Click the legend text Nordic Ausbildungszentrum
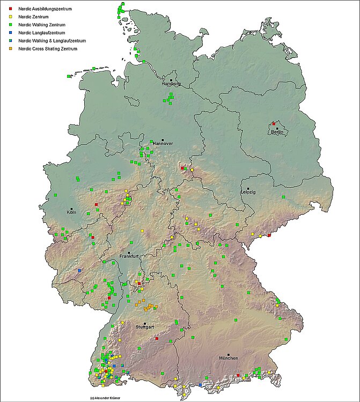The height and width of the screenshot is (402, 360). [x=45, y=10]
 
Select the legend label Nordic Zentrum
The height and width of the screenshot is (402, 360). [x=33, y=17]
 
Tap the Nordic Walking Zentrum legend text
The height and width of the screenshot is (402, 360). [x=42, y=25]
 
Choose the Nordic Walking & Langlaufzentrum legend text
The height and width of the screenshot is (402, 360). [x=52, y=41]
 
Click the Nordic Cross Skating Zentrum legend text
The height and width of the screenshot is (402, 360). [x=48, y=49]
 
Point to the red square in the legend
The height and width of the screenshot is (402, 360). [x=11, y=10]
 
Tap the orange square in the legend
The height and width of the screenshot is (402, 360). [x=11, y=49]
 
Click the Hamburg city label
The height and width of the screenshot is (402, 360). [x=171, y=84]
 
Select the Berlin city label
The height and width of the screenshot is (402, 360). [x=277, y=132]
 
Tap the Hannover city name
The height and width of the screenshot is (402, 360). [x=163, y=144]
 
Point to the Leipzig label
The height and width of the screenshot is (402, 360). [x=248, y=192]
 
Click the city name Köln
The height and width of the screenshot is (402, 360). [x=72, y=213]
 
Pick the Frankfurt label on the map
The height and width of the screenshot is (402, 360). [x=129, y=257]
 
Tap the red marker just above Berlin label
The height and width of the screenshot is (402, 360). [x=273, y=123]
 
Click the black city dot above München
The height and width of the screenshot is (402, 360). [x=229, y=354]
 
